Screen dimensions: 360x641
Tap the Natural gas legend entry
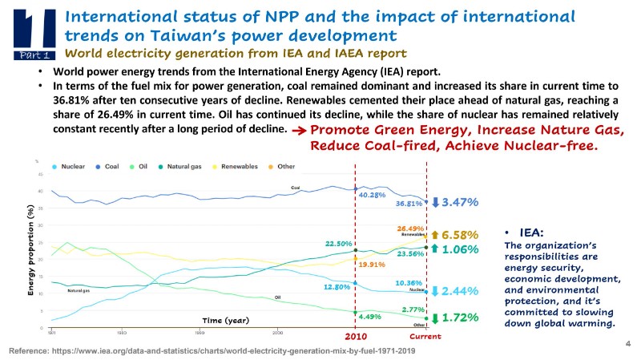pos(182,166)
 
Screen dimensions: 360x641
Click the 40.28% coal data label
pos(373,195)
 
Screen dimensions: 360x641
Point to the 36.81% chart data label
pos(409,204)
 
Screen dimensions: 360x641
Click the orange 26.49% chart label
pos(409,229)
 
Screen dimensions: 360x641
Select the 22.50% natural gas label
pos(339,243)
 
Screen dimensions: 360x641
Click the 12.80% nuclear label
pos(337,286)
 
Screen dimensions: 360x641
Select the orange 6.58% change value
pos(460,235)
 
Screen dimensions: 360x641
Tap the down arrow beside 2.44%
pos(435,290)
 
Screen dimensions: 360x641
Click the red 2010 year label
pos(356,338)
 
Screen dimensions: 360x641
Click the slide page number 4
pos(627,342)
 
